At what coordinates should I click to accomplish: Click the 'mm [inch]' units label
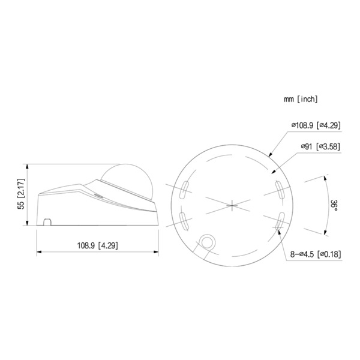pos(301,98)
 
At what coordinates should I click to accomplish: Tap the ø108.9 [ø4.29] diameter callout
pos(316,125)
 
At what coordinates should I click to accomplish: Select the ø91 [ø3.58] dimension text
pos(321,146)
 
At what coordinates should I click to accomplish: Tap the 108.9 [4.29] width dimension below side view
pos(97,245)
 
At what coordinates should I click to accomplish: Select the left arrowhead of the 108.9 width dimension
pos(39,250)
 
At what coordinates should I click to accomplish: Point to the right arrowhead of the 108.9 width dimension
pos(158,250)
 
